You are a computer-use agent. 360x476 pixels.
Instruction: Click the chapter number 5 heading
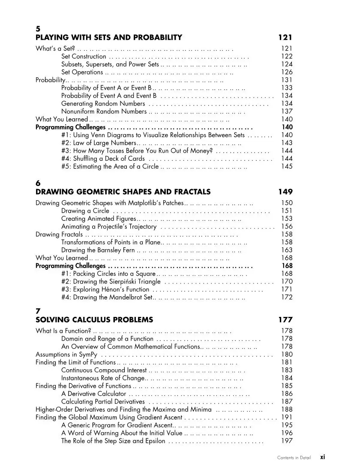coord(38,29)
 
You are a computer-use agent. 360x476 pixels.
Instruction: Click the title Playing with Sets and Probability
coord(109,37)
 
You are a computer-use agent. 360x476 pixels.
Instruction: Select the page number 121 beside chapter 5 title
coord(285,37)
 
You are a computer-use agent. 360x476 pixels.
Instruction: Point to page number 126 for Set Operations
coord(287,72)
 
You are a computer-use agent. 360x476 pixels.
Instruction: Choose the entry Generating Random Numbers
coord(103,103)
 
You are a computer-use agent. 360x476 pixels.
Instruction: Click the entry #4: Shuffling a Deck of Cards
coord(103,159)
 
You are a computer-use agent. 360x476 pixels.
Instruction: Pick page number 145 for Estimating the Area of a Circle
coord(287,166)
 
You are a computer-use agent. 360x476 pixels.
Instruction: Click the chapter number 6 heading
coord(38,184)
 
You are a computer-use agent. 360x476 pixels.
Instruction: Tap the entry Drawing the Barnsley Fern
coord(98,250)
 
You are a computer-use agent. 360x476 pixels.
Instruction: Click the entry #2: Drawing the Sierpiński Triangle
coord(111,282)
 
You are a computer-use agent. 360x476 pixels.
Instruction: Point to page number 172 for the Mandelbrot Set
coord(287,297)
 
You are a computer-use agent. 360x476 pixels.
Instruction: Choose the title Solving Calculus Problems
coord(94,319)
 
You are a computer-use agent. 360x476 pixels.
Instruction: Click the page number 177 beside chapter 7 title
coord(285,319)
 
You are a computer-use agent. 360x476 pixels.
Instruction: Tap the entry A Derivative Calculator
coord(94,394)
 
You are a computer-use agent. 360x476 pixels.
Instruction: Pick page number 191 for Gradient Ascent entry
coord(287,417)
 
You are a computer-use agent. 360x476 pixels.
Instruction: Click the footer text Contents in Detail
coord(294,458)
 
